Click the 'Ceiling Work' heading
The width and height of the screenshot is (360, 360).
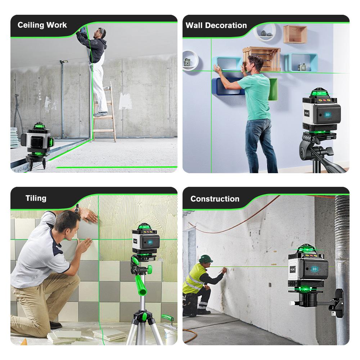coord(42,25)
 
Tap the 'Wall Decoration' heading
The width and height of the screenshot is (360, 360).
coord(216,26)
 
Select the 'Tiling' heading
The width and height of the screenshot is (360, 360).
coord(36,198)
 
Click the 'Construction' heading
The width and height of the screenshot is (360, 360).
coord(215,199)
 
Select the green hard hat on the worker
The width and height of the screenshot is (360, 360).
coord(206,258)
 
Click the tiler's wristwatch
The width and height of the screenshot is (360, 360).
coord(77,208)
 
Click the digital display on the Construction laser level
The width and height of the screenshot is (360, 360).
coord(315,269)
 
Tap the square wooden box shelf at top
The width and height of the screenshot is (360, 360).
coord(295,35)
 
